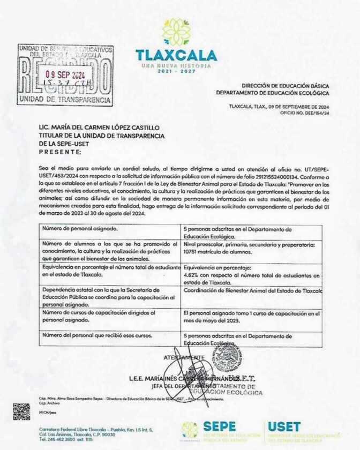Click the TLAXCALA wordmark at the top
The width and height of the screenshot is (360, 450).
point(176,55)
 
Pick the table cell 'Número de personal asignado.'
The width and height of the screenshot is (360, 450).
point(79,229)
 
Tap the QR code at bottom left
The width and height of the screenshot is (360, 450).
point(21,411)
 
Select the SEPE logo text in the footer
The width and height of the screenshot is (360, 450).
point(219,426)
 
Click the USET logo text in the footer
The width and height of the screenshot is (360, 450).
point(284,426)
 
